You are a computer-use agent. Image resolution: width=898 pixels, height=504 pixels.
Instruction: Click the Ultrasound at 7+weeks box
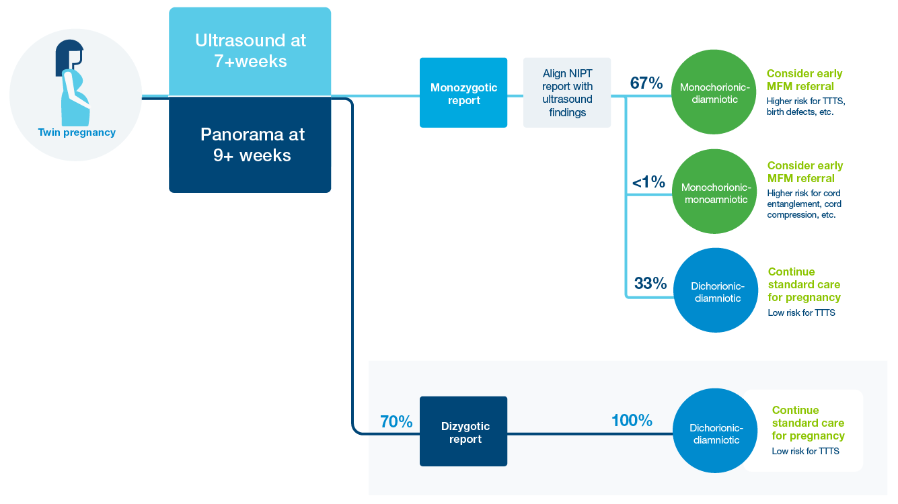(x=250, y=51)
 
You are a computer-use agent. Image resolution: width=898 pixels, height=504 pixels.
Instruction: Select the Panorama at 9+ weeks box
(x=250, y=144)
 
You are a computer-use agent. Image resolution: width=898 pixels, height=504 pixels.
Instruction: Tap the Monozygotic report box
(x=463, y=93)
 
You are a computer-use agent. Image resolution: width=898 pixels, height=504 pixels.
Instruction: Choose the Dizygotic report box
(x=463, y=431)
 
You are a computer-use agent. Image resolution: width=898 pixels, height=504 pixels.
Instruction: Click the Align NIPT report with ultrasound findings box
(x=567, y=93)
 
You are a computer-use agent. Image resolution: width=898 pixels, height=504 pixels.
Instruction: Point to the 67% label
(x=646, y=83)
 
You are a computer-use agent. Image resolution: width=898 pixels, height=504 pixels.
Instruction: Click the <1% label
(x=648, y=182)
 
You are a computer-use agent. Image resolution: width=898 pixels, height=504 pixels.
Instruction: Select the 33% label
(x=650, y=284)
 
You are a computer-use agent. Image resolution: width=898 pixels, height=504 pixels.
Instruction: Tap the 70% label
(x=396, y=421)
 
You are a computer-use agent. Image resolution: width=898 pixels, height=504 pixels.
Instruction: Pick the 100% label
(x=632, y=420)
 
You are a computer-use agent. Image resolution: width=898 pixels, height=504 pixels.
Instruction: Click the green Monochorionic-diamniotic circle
(x=714, y=92)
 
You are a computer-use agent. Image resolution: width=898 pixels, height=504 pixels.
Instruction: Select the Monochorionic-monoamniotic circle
(x=715, y=192)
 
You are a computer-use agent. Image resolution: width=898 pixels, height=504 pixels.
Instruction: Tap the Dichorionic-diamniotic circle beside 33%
(x=716, y=290)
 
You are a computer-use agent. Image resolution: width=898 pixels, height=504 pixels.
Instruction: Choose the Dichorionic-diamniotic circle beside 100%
(x=715, y=430)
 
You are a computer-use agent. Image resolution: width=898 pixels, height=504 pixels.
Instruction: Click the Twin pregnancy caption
(x=77, y=132)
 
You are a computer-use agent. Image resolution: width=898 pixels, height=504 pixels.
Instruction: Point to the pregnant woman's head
(x=70, y=57)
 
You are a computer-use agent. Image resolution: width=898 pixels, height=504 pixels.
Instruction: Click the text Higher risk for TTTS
(x=806, y=101)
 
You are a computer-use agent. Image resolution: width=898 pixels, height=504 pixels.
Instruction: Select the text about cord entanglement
(x=805, y=204)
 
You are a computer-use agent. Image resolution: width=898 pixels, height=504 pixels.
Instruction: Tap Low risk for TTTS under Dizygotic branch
(x=805, y=451)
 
